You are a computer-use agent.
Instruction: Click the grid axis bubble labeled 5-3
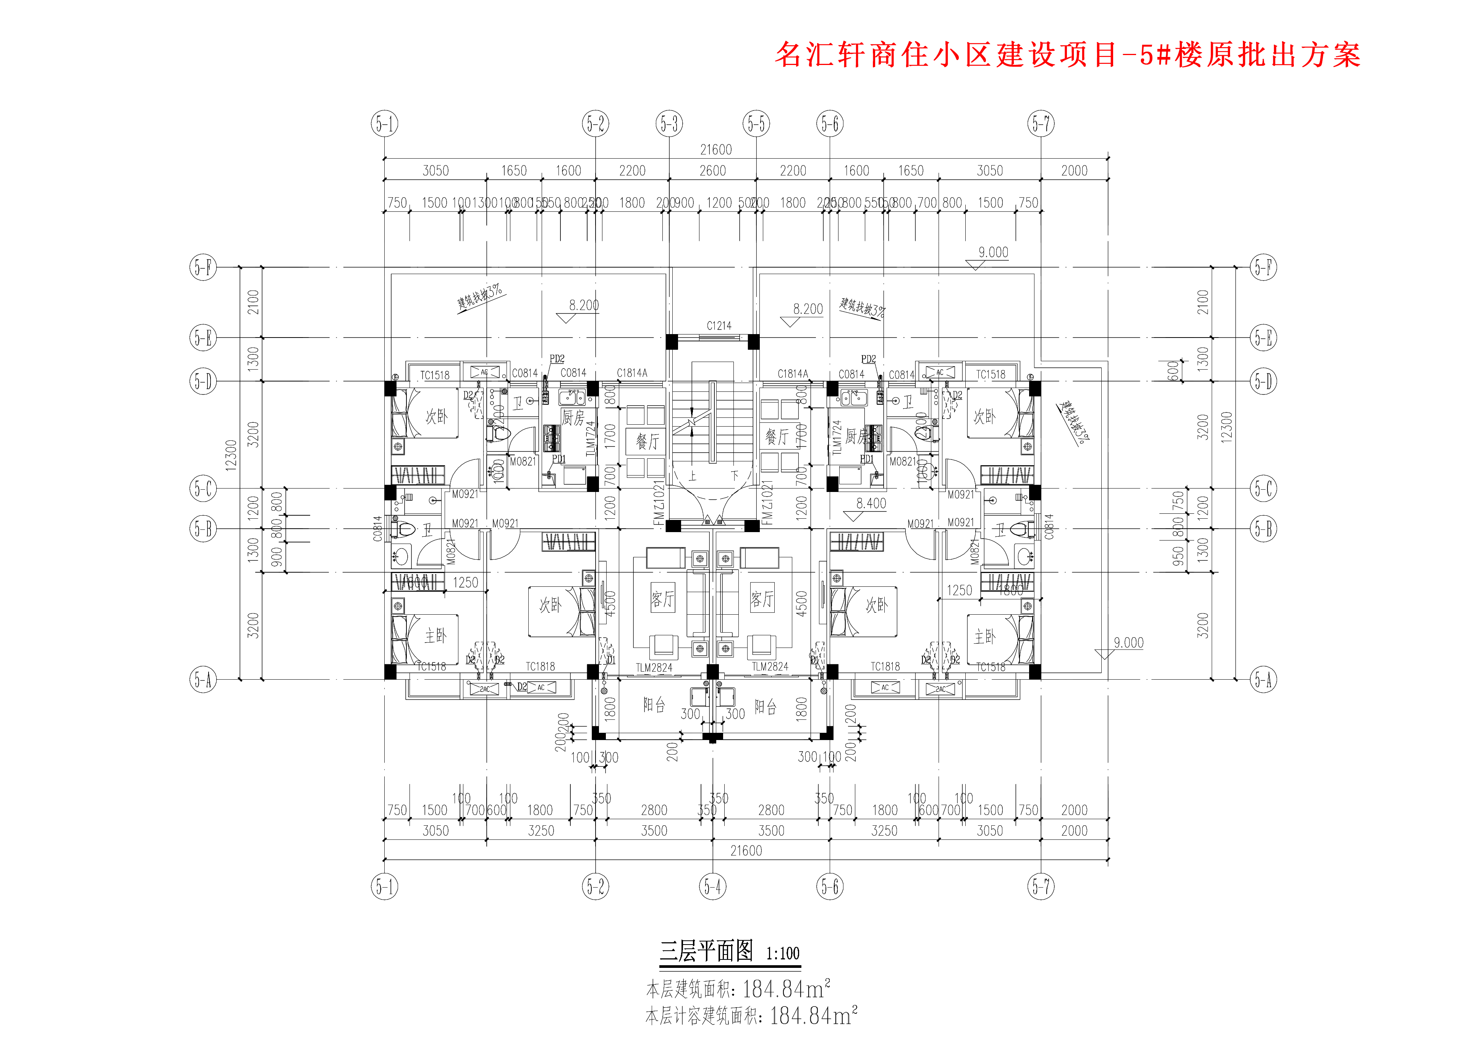click(x=670, y=123)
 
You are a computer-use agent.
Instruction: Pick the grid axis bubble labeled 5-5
click(x=756, y=123)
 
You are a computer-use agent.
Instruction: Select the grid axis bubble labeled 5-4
click(x=713, y=887)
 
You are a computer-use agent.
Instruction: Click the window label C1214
click(x=719, y=326)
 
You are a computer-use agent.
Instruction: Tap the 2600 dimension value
click(x=713, y=170)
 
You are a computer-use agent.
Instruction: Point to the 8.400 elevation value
click(x=871, y=503)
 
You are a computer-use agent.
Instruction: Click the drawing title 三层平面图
click(x=706, y=951)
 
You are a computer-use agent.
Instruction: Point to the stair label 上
click(x=693, y=477)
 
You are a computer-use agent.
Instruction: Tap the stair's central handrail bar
click(x=713, y=422)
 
